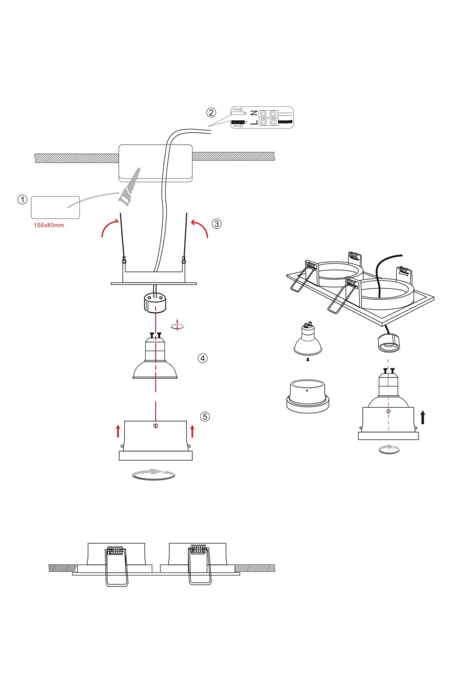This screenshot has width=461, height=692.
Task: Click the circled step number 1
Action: (22, 200)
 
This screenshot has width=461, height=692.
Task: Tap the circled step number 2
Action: (211, 113)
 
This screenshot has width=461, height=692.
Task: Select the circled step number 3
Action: (216, 224)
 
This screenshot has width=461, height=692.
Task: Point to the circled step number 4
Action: (203, 358)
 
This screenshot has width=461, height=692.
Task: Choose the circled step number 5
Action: (205, 417)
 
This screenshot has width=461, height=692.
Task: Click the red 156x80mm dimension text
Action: (49, 225)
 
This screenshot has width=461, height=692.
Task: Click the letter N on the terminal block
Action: (254, 113)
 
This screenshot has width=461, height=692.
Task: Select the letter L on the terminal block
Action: (254, 123)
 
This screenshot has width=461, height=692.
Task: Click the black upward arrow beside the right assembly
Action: (423, 418)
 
